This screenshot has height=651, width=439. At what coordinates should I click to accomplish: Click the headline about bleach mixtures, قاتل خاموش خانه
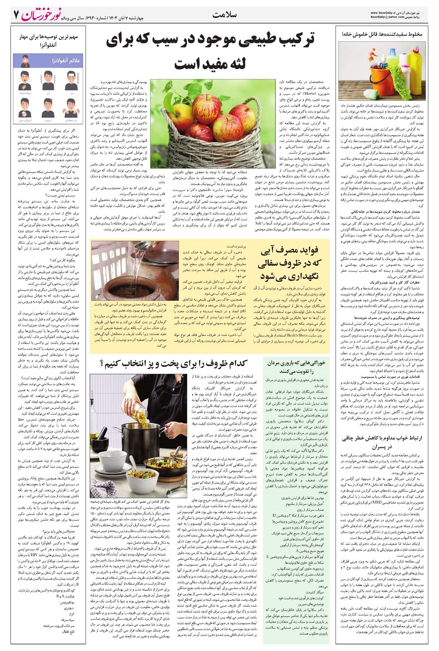(380, 34)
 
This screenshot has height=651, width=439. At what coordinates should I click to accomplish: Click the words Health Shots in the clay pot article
(297, 335)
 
